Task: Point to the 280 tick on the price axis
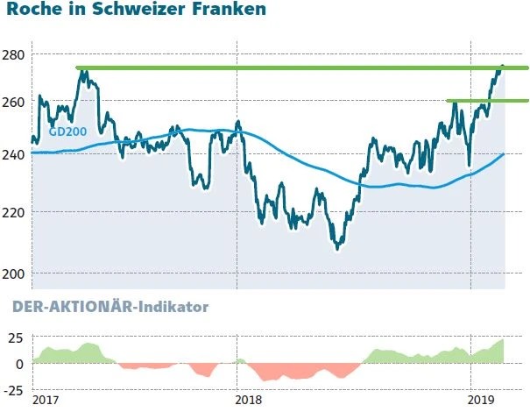pos(15,54)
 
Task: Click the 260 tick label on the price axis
pos(15,103)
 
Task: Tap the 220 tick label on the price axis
pos(15,212)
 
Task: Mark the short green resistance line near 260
pos(487,101)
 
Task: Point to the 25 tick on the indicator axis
pos(17,337)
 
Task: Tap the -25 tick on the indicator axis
pos(15,387)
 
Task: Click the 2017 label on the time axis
pos(45,400)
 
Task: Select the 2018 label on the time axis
pos(250,400)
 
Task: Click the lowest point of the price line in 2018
pos(336,248)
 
